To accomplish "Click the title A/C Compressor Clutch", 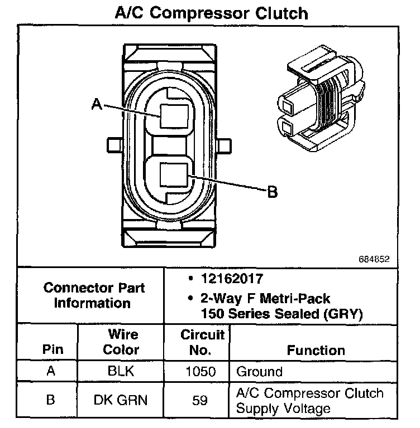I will (210, 12).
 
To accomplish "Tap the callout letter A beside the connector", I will (97, 104).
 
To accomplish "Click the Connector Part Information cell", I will (93, 295).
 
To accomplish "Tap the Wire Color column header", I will (122, 343).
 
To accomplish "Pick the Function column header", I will (316, 351).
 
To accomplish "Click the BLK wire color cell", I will (122, 372).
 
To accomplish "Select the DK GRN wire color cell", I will (122, 401).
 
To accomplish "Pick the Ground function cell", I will (260, 372).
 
